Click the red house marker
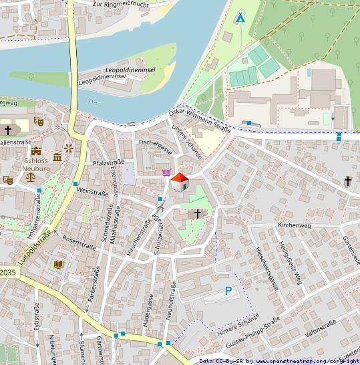[x=179, y=182]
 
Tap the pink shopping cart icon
[x=166, y=172]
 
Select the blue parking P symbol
[x=228, y=291]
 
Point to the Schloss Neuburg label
[x=37, y=165]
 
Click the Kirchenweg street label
[x=295, y=226]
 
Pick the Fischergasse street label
[x=155, y=143]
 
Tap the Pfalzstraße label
[x=111, y=162]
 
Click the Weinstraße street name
[x=93, y=193]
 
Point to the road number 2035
[x=7, y=273]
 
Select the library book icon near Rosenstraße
[x=58, y=265]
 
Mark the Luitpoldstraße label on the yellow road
[x=34, y=248]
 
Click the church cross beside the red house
[x=196, y=214]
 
